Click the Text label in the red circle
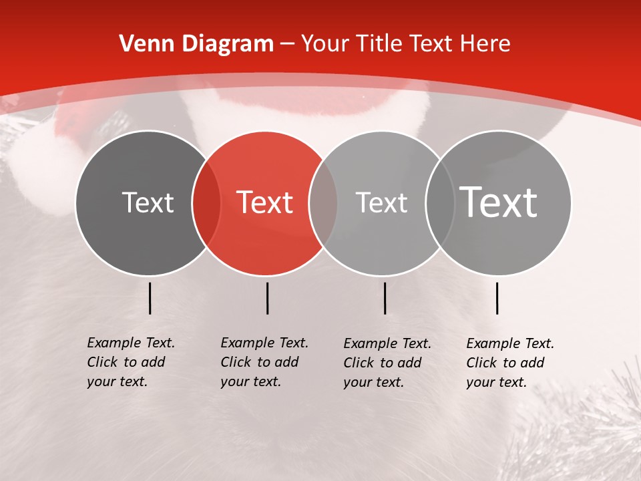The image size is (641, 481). click(x=265, y=202)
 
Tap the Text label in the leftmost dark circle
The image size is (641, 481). click(x=148, y=202)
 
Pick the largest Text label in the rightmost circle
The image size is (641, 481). click(x=499, y=202)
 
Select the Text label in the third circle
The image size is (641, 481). click(x=381, y=202)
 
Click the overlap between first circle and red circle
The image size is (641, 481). click(x=206, y=203)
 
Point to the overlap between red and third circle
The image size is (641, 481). click(x=323, y=203)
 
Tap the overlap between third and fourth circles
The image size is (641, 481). click(x=440, y=203)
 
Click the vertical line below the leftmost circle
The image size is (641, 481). click(x=150, y=298)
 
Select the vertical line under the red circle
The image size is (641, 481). click(x=267, y=298)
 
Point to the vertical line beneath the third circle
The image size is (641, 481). click(x=385, y=298)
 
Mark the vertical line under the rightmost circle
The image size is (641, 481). click(x=497, y=298)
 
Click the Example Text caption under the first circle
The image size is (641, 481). click(x=130, y=362)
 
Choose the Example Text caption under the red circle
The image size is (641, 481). click(x=264, y=362)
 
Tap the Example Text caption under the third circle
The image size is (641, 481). click(x=387, y=363)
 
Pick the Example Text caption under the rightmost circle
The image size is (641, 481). click(x=509, y=363)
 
